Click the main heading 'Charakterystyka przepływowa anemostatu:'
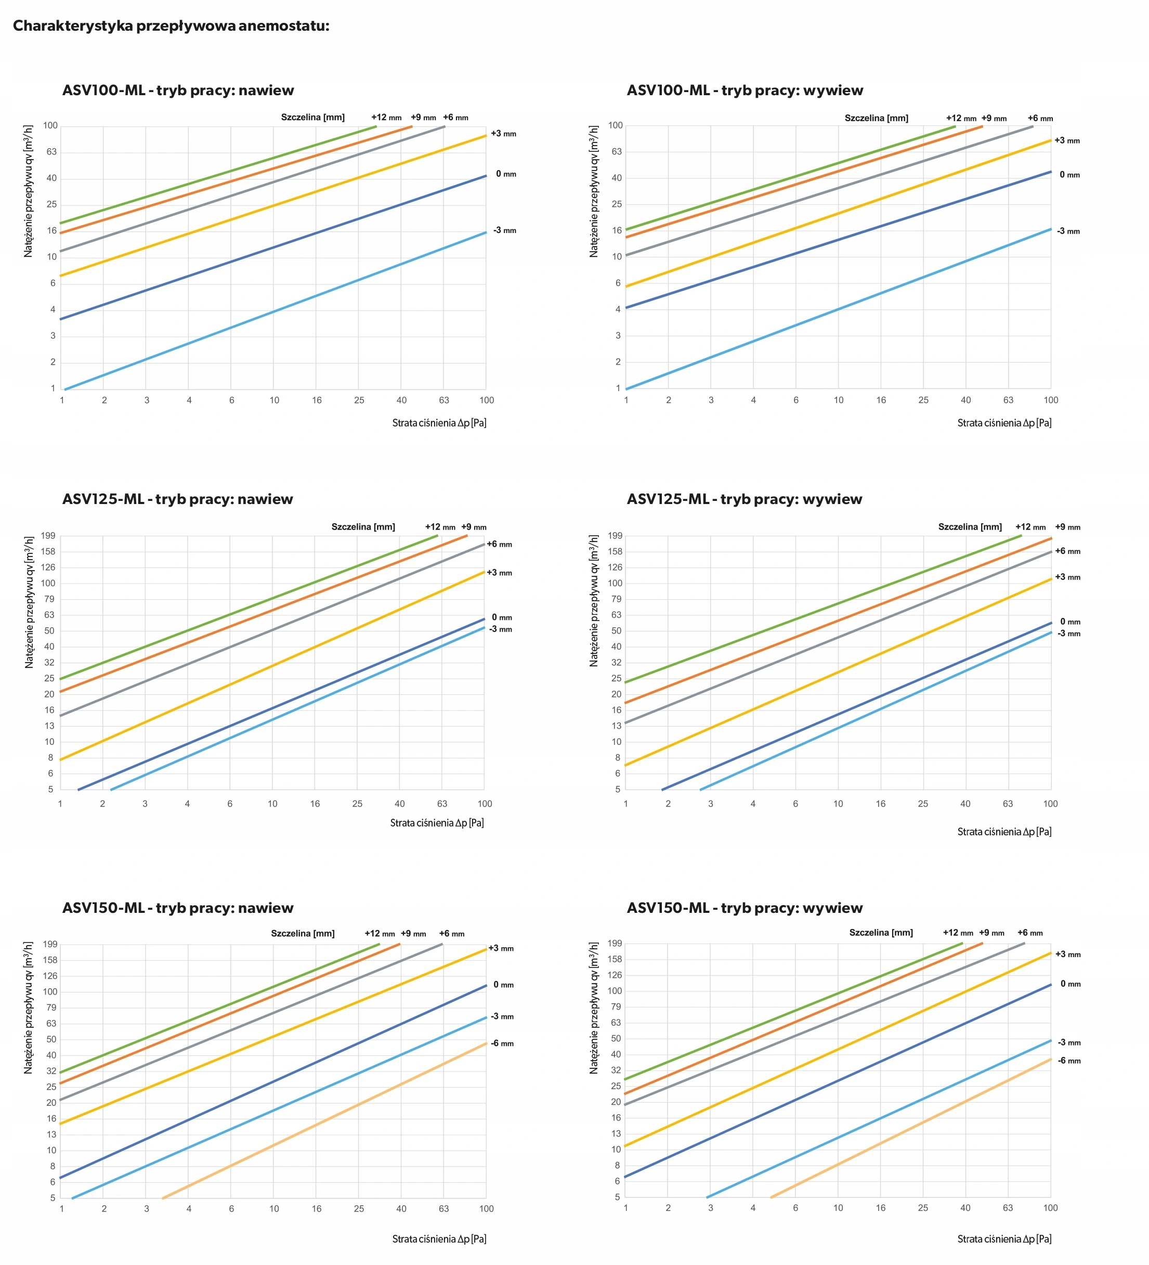(171, 25)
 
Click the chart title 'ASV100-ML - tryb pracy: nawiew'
(178, 91)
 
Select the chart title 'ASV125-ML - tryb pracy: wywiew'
(744, 499)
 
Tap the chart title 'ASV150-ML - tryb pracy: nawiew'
(178, 908)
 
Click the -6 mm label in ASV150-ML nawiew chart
(502, 1043)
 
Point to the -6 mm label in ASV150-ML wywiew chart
(1069, 1061)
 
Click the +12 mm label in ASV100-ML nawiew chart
(386, 118)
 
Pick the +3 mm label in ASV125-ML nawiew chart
(499, 573)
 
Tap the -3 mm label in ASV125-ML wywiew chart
(1069, 634)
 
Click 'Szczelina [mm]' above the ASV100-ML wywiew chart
(876, 118)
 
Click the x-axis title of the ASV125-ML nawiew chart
(437, 823)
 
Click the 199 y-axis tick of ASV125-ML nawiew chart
(48, 536)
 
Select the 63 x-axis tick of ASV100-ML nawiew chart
(443, 401)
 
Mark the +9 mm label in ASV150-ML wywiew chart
(991, 933)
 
